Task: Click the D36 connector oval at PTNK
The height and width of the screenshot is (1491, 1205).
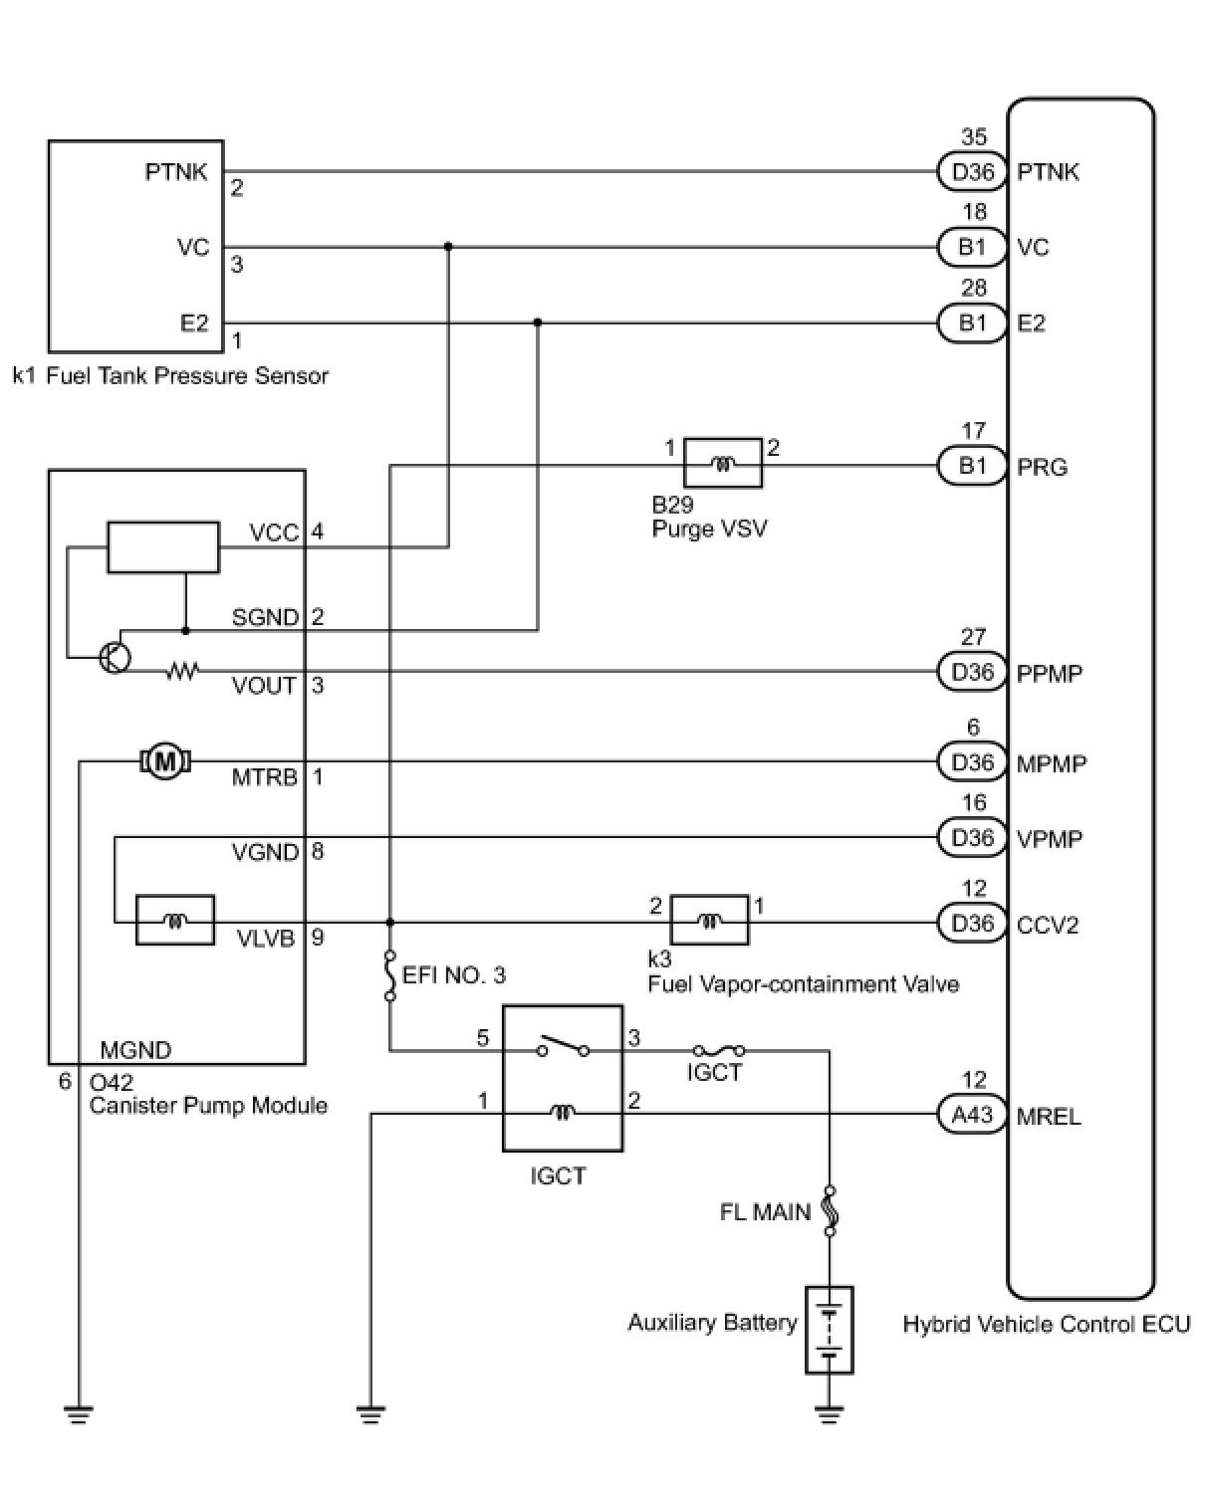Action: point(972,171)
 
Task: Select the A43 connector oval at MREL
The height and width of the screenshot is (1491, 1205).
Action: point(972,1115)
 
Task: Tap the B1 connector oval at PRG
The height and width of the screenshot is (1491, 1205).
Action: point(972,466)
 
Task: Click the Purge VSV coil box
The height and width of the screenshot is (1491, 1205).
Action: point(723,463)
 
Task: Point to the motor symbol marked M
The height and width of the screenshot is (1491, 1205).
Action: point(165,760)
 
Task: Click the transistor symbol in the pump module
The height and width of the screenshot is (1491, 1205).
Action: point(115,657)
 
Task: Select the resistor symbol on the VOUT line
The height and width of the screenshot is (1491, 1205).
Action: point(182,671)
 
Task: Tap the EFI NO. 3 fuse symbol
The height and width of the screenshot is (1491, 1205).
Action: point(390,975)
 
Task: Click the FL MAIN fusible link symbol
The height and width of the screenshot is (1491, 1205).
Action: point(830,1211)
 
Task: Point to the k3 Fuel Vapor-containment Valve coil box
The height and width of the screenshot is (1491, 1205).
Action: point(709,920)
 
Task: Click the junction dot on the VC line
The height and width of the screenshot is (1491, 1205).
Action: point(448,247)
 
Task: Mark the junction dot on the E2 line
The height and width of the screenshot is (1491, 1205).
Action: point(537,322)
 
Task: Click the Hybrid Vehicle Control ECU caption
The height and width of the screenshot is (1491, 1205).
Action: point(1046,1324)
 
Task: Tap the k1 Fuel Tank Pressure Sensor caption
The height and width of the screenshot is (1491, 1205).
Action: point(171,376)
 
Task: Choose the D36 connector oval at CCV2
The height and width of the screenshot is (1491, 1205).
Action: point(972,924)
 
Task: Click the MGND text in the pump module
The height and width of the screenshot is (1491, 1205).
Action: point(135,1049)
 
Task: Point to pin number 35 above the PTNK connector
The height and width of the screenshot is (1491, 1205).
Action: point(974,136)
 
